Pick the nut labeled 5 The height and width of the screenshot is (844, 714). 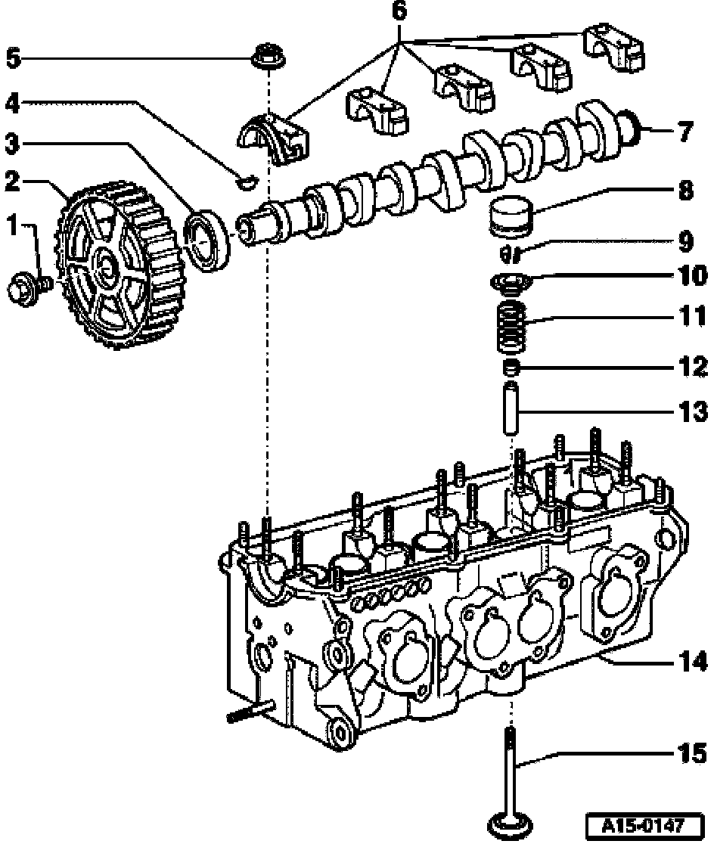pyautogui.click(x=264, y=57)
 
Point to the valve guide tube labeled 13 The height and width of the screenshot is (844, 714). pyautogui.click(x=512, y=408)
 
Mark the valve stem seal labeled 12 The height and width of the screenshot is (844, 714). pyautogui.click(x=512, y=368)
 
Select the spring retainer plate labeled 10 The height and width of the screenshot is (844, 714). pyautogui.click(x=511, y=283)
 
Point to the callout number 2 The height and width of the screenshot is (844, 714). pyautogui.click(x=11, y=182)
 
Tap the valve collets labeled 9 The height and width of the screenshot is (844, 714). pyautogui.click(x=511, y=250)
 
